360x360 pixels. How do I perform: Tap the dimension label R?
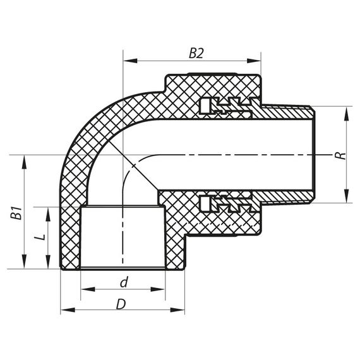[342, 154]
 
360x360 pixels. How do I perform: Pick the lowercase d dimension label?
[124, 280]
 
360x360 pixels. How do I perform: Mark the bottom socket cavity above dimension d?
[123, 239]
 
